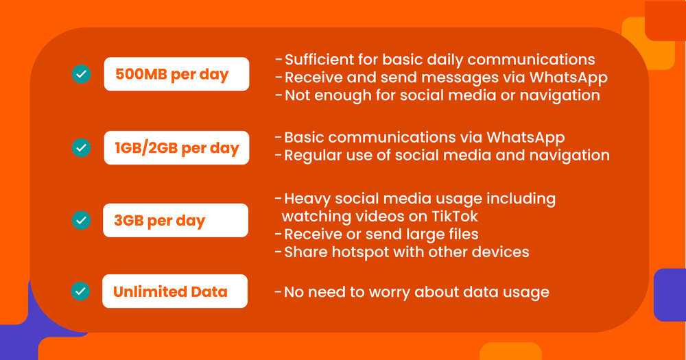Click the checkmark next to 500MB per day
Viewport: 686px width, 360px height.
click(82, 74)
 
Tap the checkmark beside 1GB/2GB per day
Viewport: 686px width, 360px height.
click(82, 147)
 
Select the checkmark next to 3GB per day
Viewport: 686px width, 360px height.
click(82, 220)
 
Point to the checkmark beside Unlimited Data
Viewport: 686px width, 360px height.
click(80, 291)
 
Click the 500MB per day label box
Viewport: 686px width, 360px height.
click(177, 74)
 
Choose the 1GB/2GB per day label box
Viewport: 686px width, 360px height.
click(177, 147)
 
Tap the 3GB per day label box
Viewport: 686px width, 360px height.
click(176, 220)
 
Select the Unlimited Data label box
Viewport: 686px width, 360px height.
click(175, 291)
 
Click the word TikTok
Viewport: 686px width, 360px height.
click(455, 216)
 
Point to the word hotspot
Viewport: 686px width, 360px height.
click(359, 252)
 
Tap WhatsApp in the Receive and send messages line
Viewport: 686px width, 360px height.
click(568, 78)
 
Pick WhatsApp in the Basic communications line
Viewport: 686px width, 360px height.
click(525, 138)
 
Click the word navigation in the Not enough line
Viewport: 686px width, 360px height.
click(560, 95)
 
